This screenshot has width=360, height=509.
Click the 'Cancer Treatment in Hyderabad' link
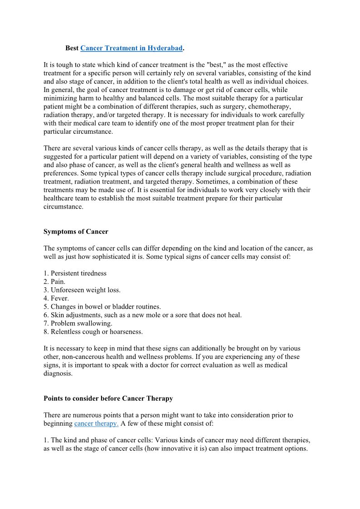[x=131, y=48]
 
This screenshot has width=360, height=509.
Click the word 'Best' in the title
[x=72, y=48]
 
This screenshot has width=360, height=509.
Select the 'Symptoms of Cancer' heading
[x=76, y=232]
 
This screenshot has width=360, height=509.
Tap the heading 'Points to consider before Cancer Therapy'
[x=108, y=398]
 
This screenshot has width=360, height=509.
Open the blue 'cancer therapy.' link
[x=96, y=423]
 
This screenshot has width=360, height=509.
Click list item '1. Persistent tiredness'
[x=75, y=273]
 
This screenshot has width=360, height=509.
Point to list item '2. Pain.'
[x=54, y=281]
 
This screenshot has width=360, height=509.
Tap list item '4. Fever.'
[x=56, y=298]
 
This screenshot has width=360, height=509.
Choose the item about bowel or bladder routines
[x=102, y=306]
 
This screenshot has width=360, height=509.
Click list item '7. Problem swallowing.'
[x=78, y=323]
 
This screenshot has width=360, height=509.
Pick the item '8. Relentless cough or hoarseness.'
[x=93, y=331]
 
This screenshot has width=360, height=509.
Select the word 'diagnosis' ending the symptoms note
[x=58, y=373]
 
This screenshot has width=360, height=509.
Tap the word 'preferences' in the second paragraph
[x=60, y=174]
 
